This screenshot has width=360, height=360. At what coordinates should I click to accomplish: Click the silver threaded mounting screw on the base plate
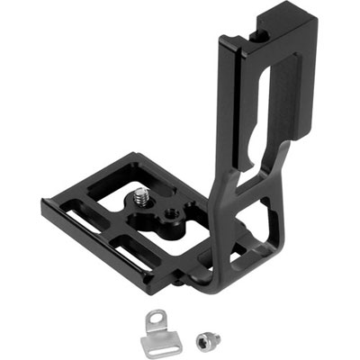point(142,195)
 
